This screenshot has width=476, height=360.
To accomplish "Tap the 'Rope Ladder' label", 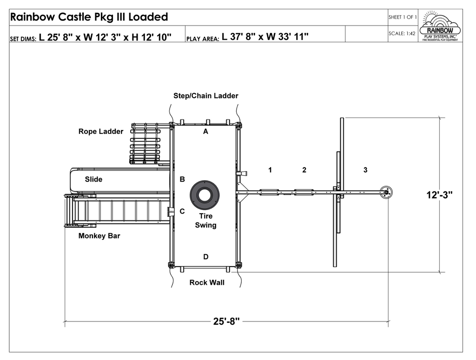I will (101, 131).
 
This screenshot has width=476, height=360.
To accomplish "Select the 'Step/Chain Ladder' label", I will (205, 96).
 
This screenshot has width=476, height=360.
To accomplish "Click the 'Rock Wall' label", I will (207, 282).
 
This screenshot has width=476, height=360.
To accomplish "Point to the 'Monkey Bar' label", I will (99, 236).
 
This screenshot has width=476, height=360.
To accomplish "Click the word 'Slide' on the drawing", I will (93, 179).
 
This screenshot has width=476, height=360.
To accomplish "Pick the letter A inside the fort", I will (205, 131).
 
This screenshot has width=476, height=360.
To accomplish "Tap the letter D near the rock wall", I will (205, 257).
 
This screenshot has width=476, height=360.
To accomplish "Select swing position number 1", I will (270, 170).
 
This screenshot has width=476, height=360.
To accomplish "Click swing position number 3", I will (365, 170).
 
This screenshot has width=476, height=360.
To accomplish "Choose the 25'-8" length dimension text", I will (226, 321).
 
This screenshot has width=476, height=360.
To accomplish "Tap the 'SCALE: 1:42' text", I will (402, 33).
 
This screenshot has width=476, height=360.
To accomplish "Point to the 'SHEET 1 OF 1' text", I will (402, 17).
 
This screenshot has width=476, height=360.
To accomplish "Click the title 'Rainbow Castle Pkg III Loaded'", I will (89, 17).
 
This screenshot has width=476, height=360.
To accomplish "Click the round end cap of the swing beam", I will (386, 192).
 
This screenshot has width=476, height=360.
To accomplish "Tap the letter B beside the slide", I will (182, 179).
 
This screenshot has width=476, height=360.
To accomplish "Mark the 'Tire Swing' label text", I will (205, 221).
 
